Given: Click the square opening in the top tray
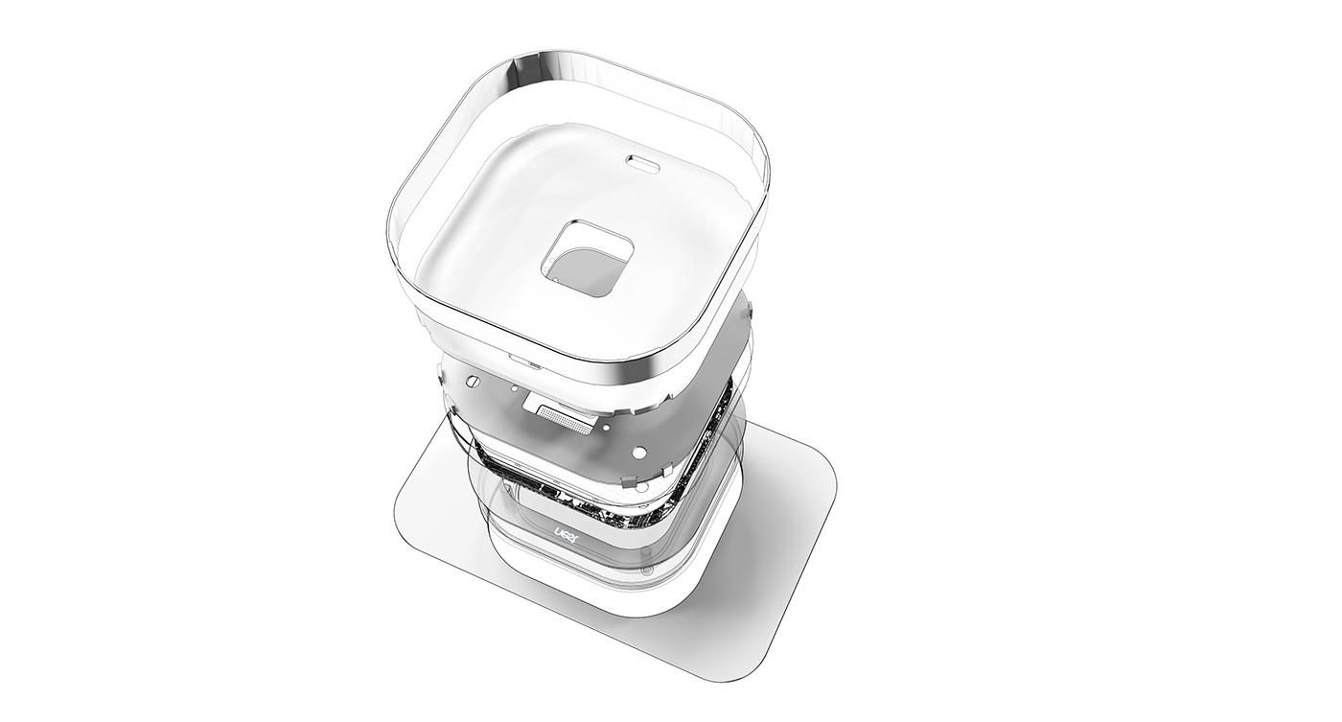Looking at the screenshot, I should [588, 258].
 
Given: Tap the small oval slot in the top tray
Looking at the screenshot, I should [642, 163].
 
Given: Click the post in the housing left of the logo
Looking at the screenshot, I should [506, 537].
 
